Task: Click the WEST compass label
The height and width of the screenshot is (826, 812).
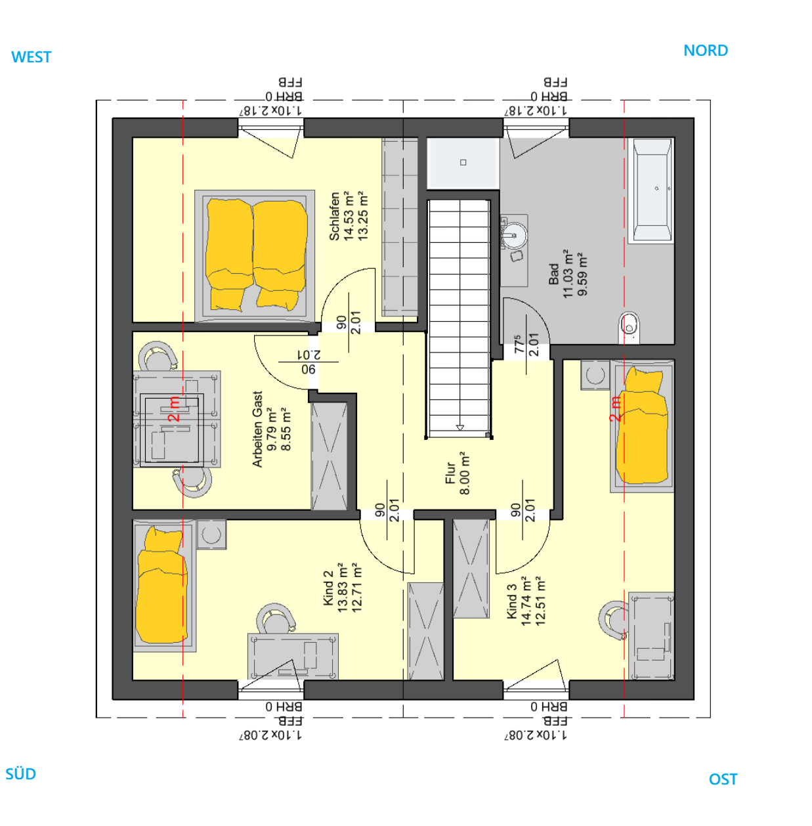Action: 32,57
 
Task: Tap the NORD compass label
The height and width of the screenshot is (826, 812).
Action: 705,51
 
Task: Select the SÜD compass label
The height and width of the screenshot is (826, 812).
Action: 20,773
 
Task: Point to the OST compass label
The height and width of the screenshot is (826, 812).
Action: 723,779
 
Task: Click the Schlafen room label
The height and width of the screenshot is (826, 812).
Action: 334,216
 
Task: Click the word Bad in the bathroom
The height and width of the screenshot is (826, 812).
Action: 554,274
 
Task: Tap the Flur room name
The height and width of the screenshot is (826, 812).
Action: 450,473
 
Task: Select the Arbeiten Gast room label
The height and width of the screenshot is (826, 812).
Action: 257,429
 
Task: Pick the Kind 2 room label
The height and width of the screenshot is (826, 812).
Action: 328,588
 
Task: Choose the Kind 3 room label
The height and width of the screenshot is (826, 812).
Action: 512,606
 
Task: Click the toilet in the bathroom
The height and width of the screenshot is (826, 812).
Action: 629,328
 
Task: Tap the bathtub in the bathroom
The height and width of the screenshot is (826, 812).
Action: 652,190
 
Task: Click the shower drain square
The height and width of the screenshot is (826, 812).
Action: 463,162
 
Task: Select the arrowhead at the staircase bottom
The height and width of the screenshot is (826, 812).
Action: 460,427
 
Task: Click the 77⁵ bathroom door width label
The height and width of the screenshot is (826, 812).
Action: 519,344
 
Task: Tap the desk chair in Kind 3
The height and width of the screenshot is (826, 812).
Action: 612,620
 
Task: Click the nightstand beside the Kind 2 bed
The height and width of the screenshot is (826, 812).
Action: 211,534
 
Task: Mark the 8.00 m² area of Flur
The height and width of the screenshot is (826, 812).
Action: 465,473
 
